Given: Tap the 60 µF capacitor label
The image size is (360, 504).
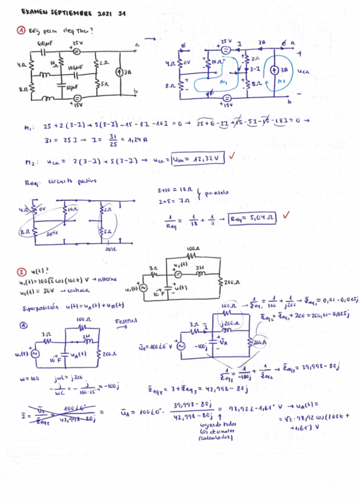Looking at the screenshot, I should pyautogui.click(x=45, y=43).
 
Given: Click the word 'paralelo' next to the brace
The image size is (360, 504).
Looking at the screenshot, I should pyautogui.click(x=216, y=193).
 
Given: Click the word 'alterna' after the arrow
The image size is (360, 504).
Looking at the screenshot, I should pyautogui.click(x=105, y=280).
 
